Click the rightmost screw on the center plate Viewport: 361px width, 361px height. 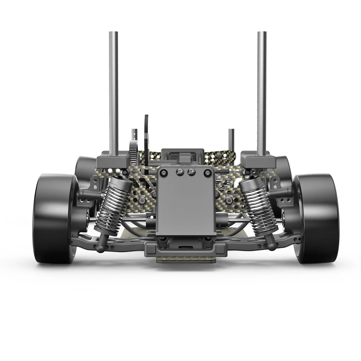[207, 173]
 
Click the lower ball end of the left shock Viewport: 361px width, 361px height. [100, 245]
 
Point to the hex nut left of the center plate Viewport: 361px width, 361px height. [142, 200]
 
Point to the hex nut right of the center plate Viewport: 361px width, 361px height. [229, 200]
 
